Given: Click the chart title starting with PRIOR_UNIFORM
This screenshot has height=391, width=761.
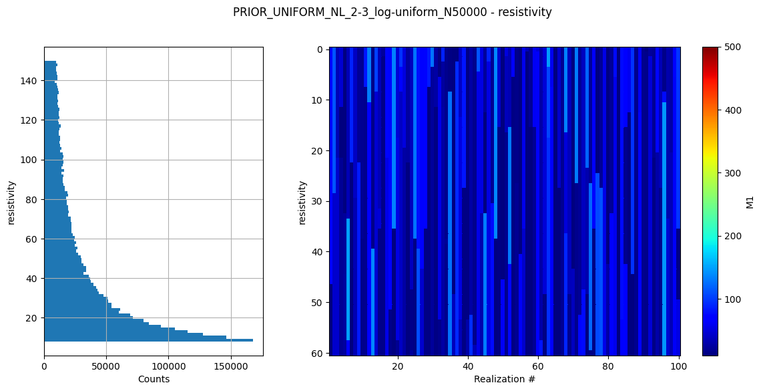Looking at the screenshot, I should [x=392, y=12].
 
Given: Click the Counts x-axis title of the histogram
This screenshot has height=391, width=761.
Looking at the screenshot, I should [x=154, y=379].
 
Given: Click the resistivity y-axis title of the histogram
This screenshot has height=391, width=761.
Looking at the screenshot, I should [x=11, y=201].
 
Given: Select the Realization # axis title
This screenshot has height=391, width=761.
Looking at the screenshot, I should [x=505, y=379].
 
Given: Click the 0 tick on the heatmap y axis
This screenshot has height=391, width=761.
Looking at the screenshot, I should [x=320, y=49].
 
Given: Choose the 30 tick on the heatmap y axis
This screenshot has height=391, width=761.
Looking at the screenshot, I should [x=318, y=201].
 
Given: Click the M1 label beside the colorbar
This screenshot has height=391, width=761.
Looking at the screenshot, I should [x=750, y=201].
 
